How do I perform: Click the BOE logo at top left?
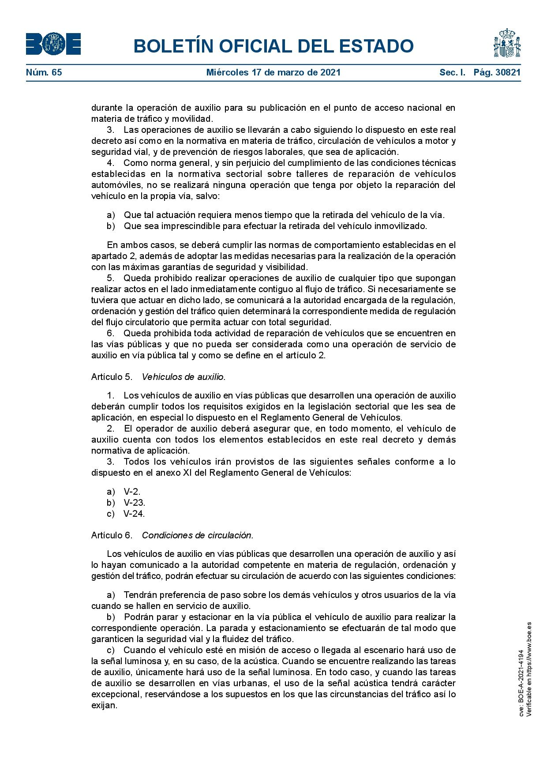click(53, 44)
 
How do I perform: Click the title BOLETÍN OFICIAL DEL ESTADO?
click(273, 46)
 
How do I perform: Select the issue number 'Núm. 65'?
click(44, 72)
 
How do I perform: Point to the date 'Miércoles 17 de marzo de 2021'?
click(273, 72)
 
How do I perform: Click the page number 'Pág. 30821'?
click(497, 72)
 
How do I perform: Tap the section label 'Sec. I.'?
click(452, 72)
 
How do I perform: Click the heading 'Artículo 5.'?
click(112, 377)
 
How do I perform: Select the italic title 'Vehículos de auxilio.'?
click(184, 377)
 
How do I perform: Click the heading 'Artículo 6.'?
click(112, 535)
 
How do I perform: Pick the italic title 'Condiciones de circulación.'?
click(198, 535)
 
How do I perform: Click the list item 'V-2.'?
click(132, 492)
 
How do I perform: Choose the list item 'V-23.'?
click(134, 503)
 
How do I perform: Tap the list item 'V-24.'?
click(134, 514)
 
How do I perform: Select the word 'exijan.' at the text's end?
click(105, 705)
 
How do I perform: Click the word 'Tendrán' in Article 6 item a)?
click(140, 595)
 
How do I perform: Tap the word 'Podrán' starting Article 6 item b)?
click(137, 617)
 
